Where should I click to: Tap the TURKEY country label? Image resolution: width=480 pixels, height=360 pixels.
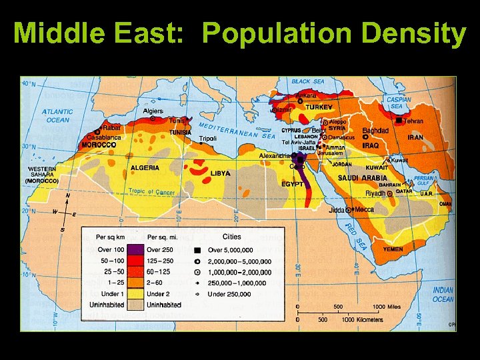coord(319,107)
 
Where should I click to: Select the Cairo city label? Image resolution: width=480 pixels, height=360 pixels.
coord(297,166)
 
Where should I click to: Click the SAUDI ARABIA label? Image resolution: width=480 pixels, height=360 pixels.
coord(362,178)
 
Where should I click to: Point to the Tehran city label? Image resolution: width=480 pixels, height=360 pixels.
coord(413,121)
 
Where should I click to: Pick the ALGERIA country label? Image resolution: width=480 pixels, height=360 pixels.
coord(145,168)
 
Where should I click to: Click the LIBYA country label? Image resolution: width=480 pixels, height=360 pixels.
coord(220,173)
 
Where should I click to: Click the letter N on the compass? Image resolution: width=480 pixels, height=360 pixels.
coord(67,196)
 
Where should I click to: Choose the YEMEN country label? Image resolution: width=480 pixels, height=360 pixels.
coord(393,249)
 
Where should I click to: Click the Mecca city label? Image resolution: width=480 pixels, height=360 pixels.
coord(364,209)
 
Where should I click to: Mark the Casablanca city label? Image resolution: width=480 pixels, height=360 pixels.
coord(102,137)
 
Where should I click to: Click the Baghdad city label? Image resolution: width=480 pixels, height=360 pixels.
coord(375,131)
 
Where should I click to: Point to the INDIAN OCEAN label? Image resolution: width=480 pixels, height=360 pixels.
coord(443,295)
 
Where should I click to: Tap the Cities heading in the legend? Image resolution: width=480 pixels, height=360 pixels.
coord(231,237)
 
